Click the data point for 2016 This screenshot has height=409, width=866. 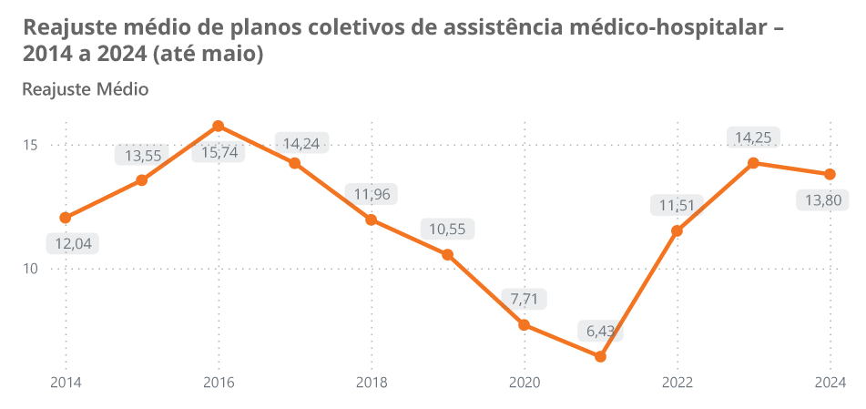tap(219, 126)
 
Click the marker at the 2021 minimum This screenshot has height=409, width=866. tap(600, 356)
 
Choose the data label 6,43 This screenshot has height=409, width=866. tap(601, 331)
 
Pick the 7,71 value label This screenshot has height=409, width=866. tap(525, 299)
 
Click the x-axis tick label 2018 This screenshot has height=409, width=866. tap(371, 383)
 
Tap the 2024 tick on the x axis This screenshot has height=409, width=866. tap(830, 383)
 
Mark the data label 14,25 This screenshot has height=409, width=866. tap(753, 138)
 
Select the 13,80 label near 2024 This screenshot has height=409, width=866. tap(829, 200)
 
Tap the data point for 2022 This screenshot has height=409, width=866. tap(677, 231)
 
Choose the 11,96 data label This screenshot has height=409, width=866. tap(372, 194)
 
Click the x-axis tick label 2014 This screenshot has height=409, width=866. tap(66, 383)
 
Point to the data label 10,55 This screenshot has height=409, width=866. tap(447, 229)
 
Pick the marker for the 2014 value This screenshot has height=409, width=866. tap(66, 218)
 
